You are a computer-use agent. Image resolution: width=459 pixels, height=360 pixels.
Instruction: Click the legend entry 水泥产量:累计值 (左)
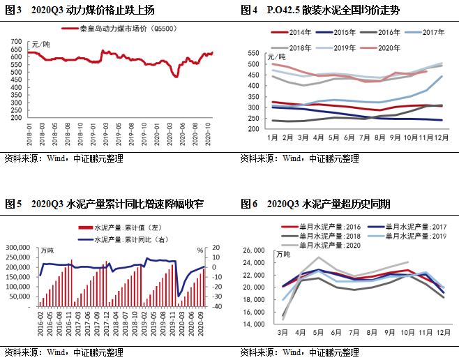click(122, 227)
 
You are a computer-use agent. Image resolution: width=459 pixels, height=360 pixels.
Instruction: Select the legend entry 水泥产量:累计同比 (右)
click(122, 239)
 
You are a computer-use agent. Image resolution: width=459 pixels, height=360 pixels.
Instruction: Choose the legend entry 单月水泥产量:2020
click(331, 246)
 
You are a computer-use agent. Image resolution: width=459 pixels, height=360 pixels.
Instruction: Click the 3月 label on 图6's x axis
click(283, 333)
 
